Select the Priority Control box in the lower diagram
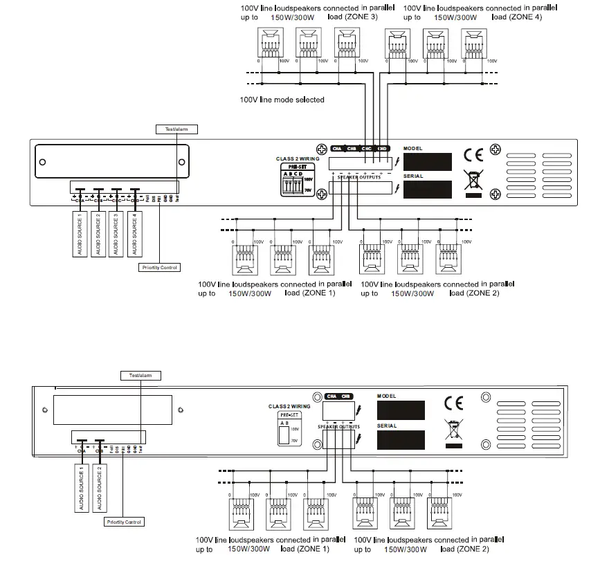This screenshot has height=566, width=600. click(x=125, y=522)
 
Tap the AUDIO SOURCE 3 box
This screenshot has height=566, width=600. click(x=116, y=235)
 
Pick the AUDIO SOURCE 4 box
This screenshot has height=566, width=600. click(x=135, y=235)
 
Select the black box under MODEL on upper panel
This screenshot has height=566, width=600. click(x=428, y=163)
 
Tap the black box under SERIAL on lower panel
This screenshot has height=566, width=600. click(x=401, y=443)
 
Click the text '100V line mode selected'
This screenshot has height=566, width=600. click(x=282, y=100)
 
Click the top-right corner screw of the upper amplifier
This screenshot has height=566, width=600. click(x=495, y=149)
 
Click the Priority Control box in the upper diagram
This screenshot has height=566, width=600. click(x=159, y=267)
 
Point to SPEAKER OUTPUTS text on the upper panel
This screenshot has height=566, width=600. click(x=358, y=177)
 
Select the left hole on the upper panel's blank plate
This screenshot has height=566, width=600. click(x=43, y=163)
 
